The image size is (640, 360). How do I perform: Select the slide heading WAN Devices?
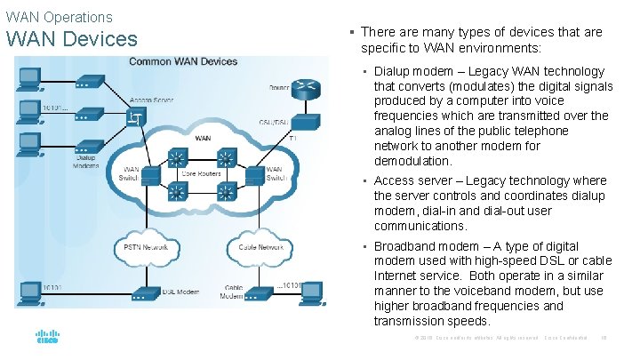point(71,39)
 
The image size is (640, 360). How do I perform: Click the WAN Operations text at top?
point(59,17)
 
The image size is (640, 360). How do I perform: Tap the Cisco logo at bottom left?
point(46,339)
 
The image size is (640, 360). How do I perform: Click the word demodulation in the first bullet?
point(413,162)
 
